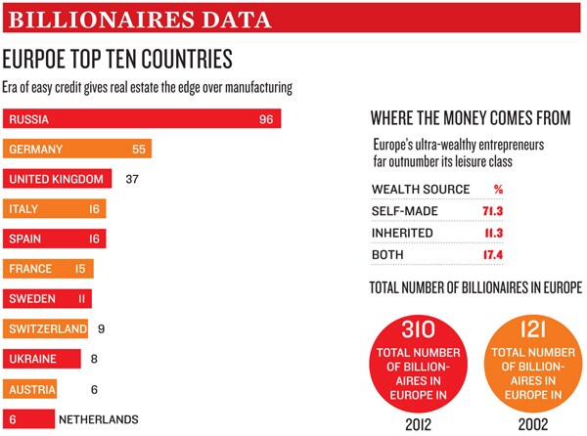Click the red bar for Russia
142,120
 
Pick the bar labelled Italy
54,209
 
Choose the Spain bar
54,239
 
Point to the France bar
49,269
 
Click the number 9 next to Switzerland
102,328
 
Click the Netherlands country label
98,418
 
